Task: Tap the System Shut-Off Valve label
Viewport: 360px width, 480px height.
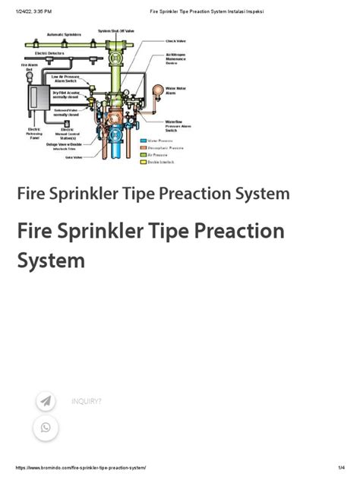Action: (x=115, y=30)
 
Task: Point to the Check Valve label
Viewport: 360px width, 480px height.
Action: (x=176, y=41)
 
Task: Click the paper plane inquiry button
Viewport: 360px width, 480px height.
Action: (x=46, y=401)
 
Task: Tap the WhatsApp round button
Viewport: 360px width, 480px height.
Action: (x=46, y=428)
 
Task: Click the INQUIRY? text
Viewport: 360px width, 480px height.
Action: (x=86, y=401)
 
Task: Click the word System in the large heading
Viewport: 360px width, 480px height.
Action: (x=51, y=261)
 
